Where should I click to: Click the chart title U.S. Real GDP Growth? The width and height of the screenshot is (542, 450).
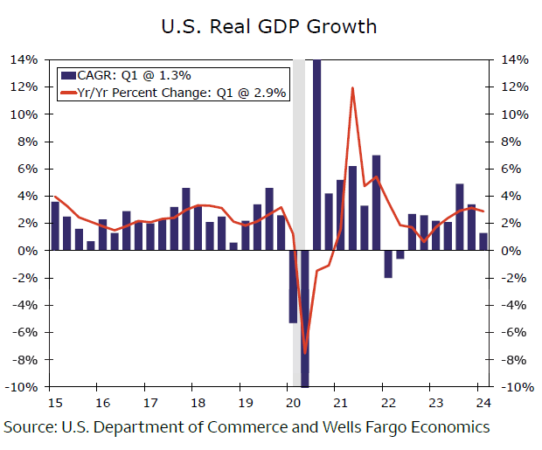(x=268, y=26)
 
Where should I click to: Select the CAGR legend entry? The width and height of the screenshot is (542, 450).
(x=132, y=75)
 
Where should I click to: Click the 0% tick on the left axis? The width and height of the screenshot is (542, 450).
(x=28, y=251)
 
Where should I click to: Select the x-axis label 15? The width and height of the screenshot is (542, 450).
(x=53, y=404)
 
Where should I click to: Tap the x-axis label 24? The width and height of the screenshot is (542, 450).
(x=482, y=404)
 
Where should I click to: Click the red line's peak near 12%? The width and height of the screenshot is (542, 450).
(x=351, y=88)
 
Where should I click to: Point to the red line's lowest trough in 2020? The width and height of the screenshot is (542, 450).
(x=305, y=354)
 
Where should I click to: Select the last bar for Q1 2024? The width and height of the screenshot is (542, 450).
(x=483, y=242)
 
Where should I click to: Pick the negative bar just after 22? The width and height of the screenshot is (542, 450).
(x=388, y=264)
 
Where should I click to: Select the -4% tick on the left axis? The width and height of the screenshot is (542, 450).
(x=25, y=305)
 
